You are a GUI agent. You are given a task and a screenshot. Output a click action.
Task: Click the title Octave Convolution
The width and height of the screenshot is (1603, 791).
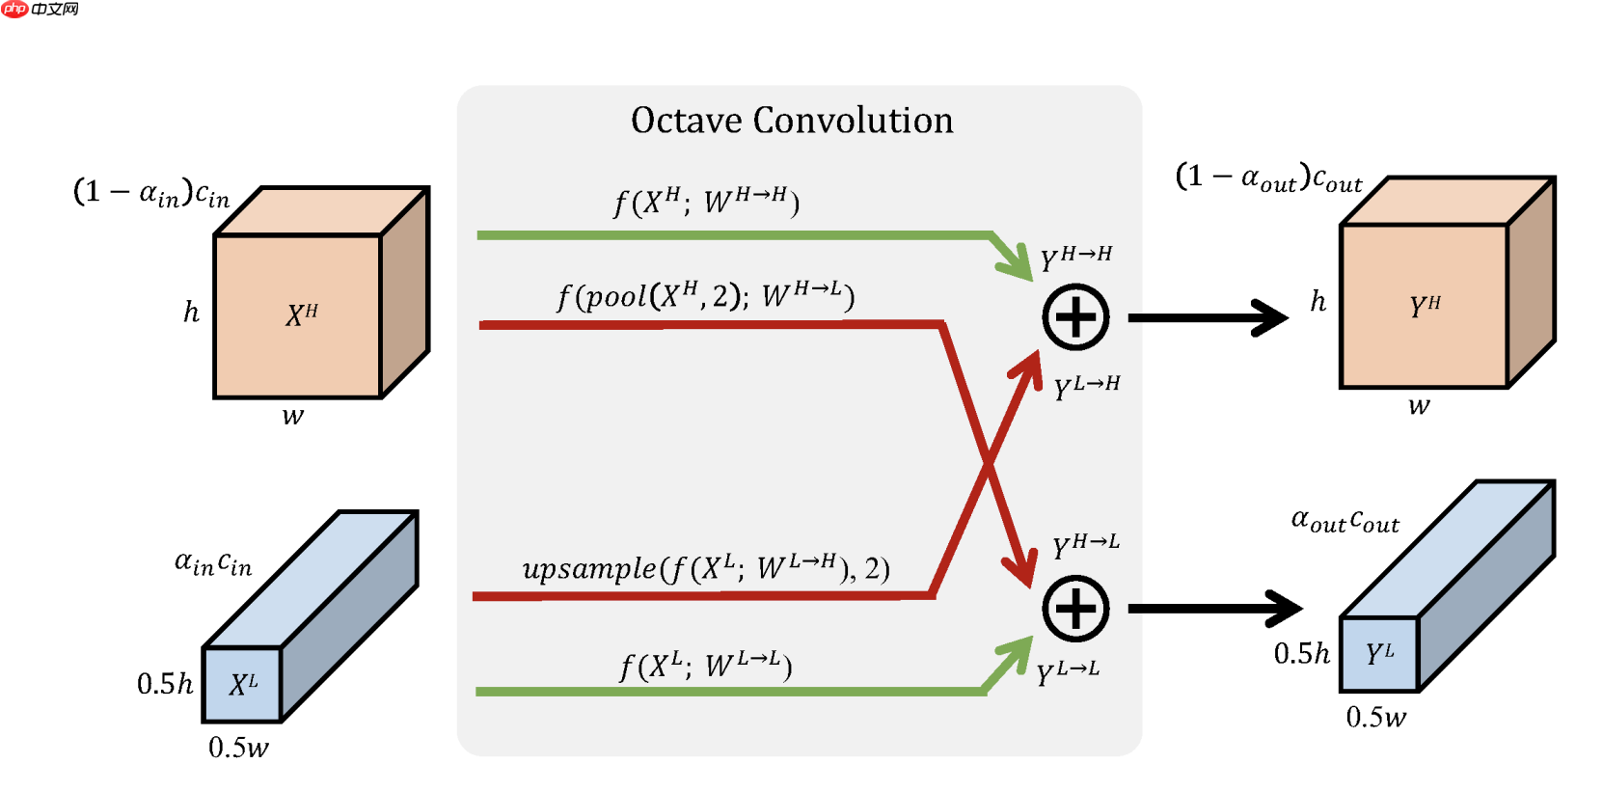[x=792, y=121]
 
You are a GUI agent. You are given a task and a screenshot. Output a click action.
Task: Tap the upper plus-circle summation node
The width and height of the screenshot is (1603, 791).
[x=1075, y=317]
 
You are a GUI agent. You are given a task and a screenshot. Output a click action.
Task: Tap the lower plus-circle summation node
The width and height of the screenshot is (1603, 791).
[x=1075, y=609]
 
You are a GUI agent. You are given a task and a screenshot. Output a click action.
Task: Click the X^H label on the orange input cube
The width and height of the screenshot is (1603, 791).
[x=301, y=314]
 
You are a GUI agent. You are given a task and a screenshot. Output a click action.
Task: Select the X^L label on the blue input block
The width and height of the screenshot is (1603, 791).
[x=243, y=685]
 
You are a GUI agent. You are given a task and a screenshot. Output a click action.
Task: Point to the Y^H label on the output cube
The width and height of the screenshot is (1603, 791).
[x=1425, y=306]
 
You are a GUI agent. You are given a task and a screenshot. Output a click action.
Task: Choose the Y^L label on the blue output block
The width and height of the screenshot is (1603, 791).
[x=1379, y=654]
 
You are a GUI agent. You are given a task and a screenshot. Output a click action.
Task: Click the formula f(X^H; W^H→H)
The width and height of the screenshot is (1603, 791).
[x=706, y=202]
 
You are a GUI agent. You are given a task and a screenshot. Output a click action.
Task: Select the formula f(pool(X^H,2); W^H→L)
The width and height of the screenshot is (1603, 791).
[x=705, y=295]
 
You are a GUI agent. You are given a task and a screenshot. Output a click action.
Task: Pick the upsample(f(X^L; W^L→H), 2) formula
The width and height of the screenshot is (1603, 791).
[x=705, y=568]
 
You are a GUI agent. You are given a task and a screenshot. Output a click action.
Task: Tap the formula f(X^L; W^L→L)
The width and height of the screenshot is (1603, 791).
[x=705, y=666]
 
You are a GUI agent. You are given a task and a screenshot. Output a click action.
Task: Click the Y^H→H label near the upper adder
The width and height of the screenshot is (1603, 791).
[x=1075, y=258]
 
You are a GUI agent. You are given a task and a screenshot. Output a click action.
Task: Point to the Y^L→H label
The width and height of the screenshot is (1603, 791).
[x=1086, y=387]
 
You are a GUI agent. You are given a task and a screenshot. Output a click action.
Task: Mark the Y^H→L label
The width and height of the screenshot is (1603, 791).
[x=1085, y=545]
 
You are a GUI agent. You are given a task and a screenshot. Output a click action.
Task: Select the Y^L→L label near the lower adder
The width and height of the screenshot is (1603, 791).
[x=1067, y=672]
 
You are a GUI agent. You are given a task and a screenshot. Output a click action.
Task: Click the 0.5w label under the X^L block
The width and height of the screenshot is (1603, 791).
[x=238, y=748]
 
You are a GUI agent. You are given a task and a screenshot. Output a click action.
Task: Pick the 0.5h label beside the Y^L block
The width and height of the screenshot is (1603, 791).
[x=1301, y=654]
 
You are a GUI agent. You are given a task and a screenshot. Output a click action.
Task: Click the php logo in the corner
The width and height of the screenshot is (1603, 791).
[x=15, y=10]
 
